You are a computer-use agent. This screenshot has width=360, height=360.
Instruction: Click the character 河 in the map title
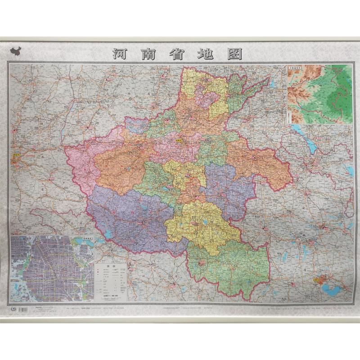pos(120,54)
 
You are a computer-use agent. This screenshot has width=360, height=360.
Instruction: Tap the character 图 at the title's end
pos(234,54)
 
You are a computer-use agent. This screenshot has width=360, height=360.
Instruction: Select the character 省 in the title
pos(177,54)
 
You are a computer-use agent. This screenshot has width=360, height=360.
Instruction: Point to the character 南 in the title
pos(148,54)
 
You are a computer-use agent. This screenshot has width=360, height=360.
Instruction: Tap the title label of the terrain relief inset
pos(295,68)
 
